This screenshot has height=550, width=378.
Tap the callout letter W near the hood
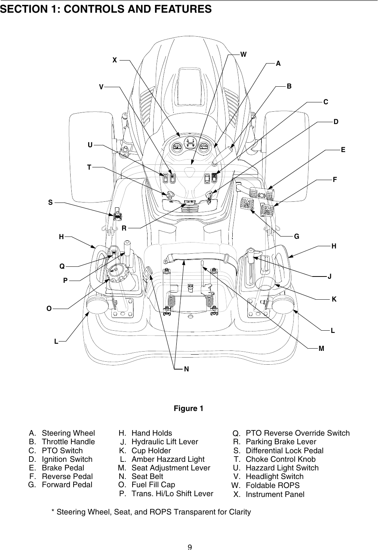click(x=243, y=54)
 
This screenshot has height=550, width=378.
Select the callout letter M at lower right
click(x=321, y=348)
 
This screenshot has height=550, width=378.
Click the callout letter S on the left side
click(x=50, y=203)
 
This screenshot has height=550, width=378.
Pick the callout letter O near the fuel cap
click(x=49, y=309)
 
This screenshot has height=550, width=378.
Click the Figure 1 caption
click(x=189, y=408)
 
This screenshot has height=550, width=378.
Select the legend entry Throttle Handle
click(x=68, y=442)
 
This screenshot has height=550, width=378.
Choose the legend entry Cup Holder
click(x=151, y=451)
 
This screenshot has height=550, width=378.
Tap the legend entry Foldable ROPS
click(x=272, y=485)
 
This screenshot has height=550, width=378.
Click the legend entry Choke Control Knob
click(x=281, y=459)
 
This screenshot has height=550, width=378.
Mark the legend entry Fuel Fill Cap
click(x=153, y=485)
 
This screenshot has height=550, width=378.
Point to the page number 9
click(x=189, y=547)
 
